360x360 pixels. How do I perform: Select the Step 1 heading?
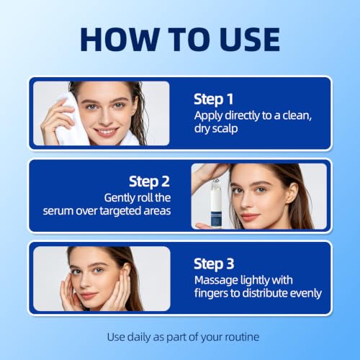(x=213, y=99)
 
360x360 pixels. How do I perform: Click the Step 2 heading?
(x=149, y=181)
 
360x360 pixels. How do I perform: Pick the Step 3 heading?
(x=214, y=264)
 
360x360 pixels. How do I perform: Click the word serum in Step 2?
(x=58, y=211)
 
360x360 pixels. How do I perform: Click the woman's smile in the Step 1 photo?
(x=106, y=132)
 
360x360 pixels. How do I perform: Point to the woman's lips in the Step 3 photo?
(x=88, y=295)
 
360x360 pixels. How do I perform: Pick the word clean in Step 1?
(x=297, y=116)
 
